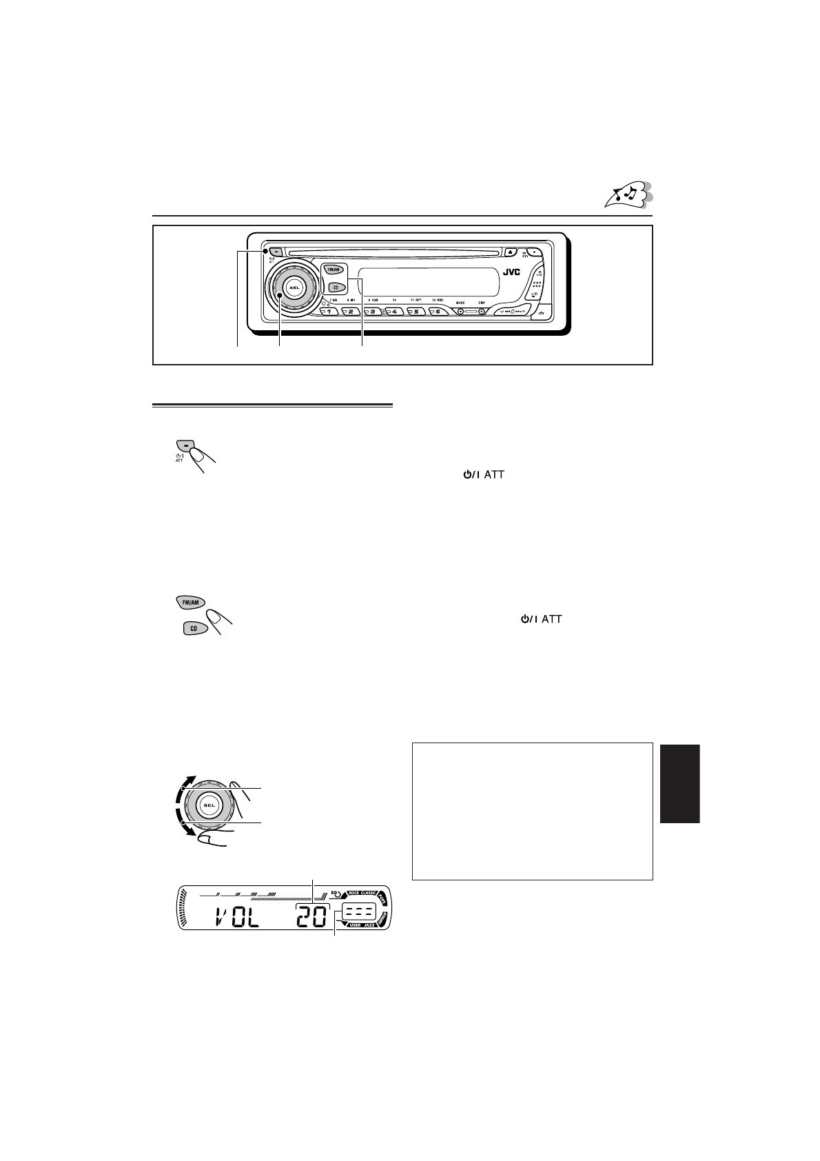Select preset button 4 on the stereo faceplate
click(394, 312)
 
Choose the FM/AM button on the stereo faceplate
click(332, 271)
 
